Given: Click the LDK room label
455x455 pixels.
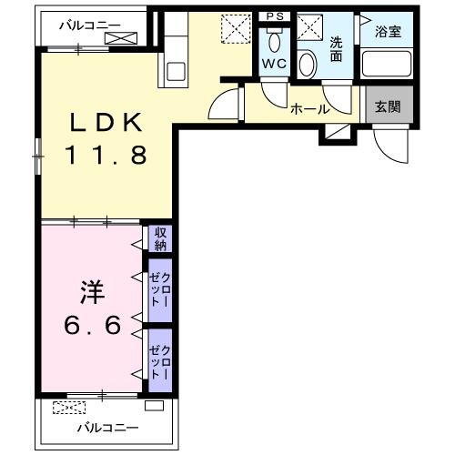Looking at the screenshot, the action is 106,122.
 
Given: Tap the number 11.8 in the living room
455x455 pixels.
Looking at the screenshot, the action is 106,155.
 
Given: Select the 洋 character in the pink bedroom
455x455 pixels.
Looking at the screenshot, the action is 93,292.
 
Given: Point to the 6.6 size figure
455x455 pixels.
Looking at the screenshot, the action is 93,325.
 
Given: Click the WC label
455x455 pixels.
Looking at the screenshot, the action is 274,64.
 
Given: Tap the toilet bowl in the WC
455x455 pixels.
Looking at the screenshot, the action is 275,42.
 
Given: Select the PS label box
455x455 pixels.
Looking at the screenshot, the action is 275,16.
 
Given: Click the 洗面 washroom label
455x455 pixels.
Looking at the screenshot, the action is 336,49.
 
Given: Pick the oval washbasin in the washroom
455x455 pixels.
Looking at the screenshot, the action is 308,65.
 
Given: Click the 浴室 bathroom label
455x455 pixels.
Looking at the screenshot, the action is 388,32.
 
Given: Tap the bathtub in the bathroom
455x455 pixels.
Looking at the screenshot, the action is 387,64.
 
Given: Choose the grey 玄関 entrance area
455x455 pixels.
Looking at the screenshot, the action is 389,105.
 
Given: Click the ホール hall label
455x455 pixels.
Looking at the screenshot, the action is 310,109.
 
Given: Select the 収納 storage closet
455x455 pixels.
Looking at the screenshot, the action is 160,238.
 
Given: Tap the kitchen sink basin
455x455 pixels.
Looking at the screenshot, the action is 176,71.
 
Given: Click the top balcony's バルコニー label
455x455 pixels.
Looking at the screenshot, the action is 90,25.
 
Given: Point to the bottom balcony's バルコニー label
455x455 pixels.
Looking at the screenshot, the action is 108,428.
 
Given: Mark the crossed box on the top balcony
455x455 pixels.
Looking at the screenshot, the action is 121,38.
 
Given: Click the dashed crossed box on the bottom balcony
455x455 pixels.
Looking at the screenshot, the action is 69,408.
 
